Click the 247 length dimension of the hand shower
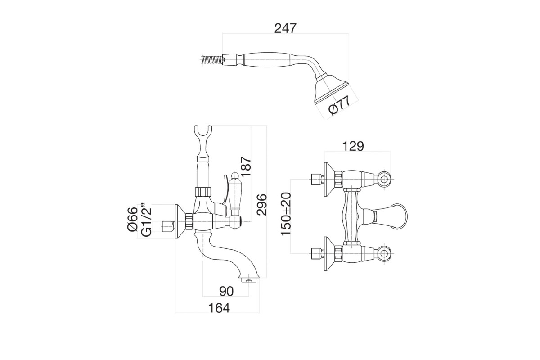[285, 28]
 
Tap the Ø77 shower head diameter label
[339, 106]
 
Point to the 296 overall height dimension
[261, 205]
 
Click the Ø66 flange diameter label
[133, 220]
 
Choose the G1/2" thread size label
[146, 219]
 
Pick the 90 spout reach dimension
[226, 291]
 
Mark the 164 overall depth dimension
[219, 308]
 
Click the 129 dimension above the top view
[353, 146]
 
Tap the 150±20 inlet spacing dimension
[286, 214]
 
